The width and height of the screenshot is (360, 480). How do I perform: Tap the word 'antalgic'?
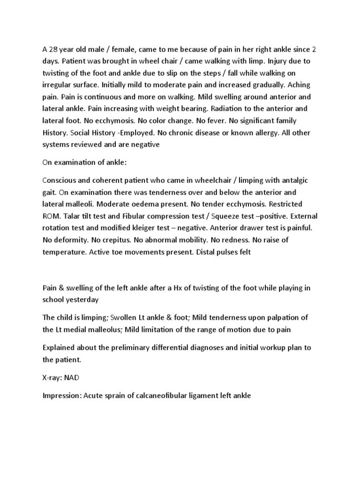tap(293, 181)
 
